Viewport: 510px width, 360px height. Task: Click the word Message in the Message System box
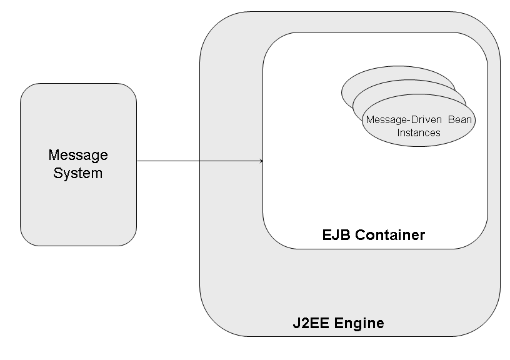78,154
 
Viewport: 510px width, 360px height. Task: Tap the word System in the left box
78,172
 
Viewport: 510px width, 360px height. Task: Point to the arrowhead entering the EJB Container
260,161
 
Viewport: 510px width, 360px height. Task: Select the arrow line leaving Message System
187,161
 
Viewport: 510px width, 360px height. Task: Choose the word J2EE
311,324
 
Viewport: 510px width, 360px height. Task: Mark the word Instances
419,132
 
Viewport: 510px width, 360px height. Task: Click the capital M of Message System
53,154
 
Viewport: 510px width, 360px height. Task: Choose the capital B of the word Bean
450,120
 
